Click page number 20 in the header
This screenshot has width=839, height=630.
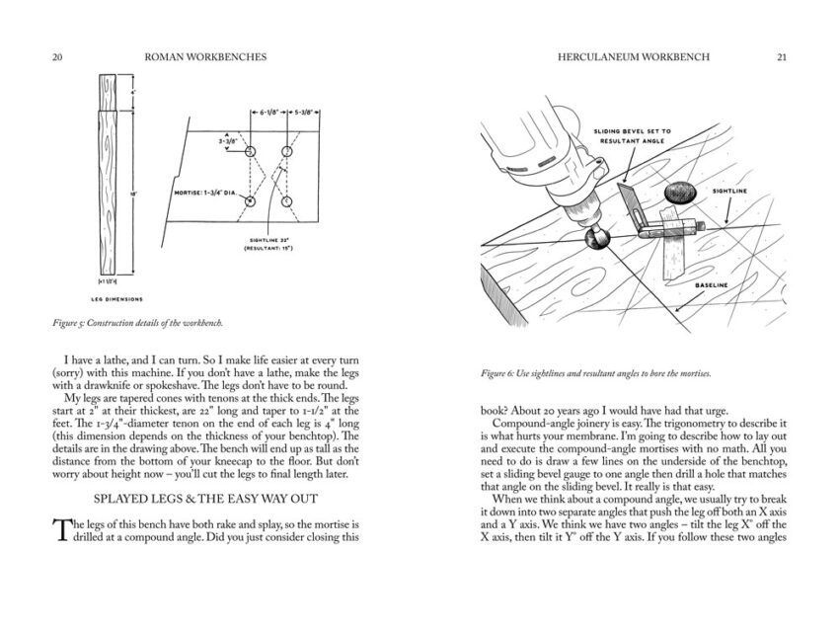[57, 57]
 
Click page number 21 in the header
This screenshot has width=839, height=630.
[781, 57]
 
